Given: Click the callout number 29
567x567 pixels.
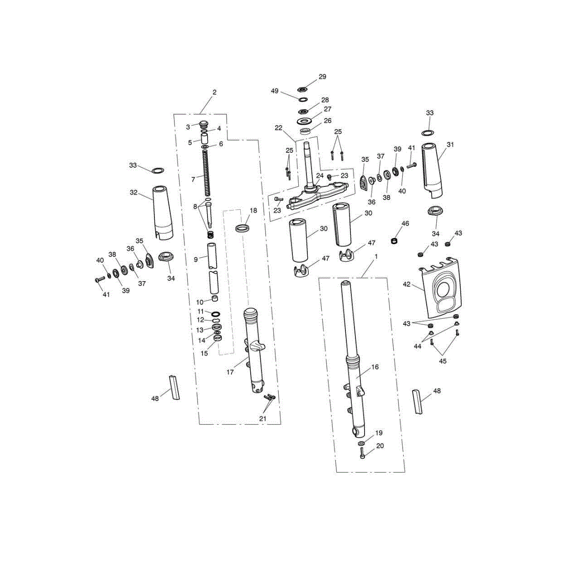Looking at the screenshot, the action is [x=322, y=77].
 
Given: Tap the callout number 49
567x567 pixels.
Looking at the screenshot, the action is [x=275, y=91].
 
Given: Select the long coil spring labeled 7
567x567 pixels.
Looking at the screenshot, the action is [x=207, y=173].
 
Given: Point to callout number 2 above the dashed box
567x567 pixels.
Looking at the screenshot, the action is [x=215, y=92].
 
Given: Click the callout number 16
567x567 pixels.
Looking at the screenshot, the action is [x=375, y=367].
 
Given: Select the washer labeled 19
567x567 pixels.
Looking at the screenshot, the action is [x=361, y=443].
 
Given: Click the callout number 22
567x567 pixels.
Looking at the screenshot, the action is [x=278, y=128].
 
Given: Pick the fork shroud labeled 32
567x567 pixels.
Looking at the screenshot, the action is [x=163, y=213].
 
